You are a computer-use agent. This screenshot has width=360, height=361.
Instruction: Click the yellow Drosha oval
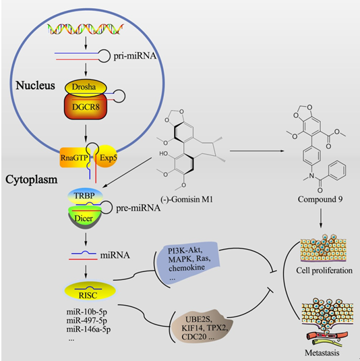[x=86, y=88]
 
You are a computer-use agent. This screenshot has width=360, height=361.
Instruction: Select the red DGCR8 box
[x=86, y=107]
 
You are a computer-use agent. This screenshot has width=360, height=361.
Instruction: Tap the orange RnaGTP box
[x=74, y=157]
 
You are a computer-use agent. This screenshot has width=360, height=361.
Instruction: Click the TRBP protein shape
[x=85, y=196]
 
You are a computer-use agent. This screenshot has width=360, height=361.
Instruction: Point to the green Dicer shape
[x=84, y=217]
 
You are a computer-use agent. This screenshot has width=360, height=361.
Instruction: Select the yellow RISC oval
[x=90, y=291]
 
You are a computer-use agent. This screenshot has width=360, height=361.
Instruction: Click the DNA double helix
[x=86, y=29]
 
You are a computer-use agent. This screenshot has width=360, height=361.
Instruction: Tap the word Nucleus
[x=36, y=86]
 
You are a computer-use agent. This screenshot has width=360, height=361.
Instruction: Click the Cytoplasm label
[x=32, y=179]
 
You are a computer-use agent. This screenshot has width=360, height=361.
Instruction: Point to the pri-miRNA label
[x=135, y=56]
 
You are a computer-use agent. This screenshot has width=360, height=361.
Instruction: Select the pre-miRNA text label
[x=138, y=208]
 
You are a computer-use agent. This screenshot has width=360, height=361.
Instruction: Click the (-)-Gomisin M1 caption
[x=187, y=199]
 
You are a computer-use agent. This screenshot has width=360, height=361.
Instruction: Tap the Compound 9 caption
[x=320, y=199]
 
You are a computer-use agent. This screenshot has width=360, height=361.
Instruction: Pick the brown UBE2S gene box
[x=202, y=327]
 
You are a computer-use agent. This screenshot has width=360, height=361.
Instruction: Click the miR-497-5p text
[x=87, y=321]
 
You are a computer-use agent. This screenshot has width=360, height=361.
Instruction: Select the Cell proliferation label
[x=324, y=271]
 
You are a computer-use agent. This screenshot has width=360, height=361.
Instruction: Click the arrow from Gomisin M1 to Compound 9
[x=257, y=151]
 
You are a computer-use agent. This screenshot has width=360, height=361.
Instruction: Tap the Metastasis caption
[x=322, y=353]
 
